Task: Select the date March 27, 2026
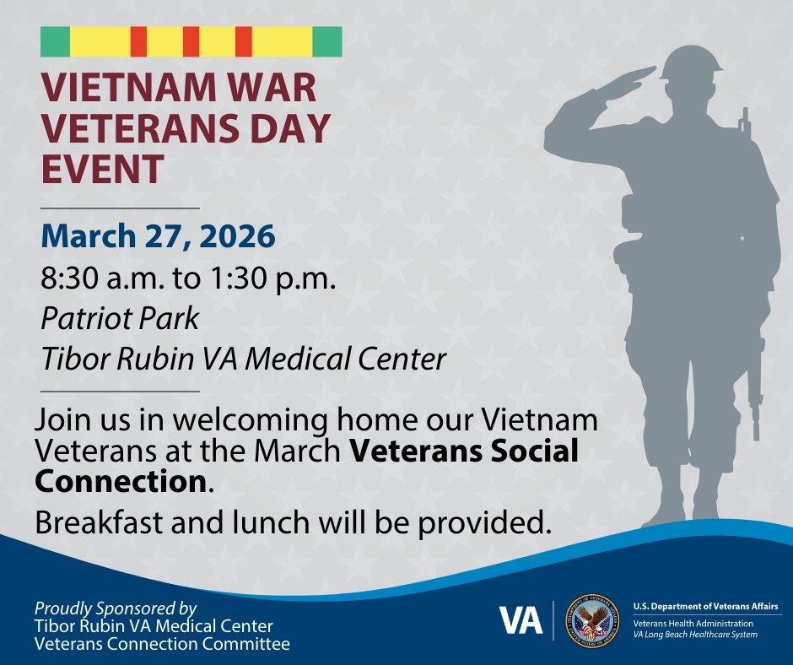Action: tap(159, 236)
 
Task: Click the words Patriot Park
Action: tap(120, 319)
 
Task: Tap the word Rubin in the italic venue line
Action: tap(157, 359)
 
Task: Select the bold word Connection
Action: tap(121, 482)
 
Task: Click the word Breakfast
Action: tap(99, 522)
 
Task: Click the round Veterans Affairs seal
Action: tap(592, 620)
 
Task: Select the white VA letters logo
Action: tap(521, 620)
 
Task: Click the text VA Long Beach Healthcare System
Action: tap(695, 635)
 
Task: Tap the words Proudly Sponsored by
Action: tap(116, 608)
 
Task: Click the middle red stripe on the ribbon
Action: tap(192, 41)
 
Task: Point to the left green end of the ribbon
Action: tap(55, 41)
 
